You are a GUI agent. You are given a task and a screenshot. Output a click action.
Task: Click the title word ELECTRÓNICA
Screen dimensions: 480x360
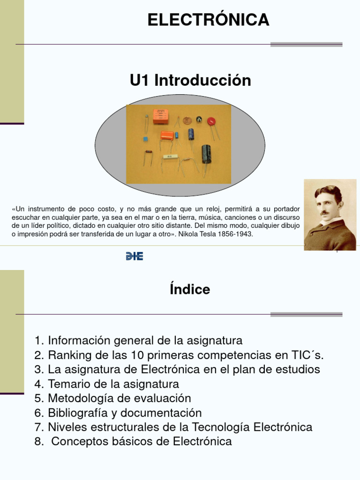(209, 20)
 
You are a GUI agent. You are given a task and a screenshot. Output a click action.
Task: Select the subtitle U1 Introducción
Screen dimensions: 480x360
(190, 80)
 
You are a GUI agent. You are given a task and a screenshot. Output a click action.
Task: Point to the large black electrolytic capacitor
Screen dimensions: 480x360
(206, 154)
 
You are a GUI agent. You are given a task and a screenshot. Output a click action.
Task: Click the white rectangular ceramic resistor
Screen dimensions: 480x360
(168, 157)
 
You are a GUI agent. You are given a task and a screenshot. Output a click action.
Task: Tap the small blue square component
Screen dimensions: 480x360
(145, 139)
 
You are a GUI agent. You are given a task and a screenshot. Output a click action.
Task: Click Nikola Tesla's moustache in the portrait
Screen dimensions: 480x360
(324, 212)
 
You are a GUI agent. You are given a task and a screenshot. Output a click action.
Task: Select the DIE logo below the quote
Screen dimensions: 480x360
(135, 256)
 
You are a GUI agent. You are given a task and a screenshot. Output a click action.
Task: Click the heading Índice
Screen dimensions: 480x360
(190, 290)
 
